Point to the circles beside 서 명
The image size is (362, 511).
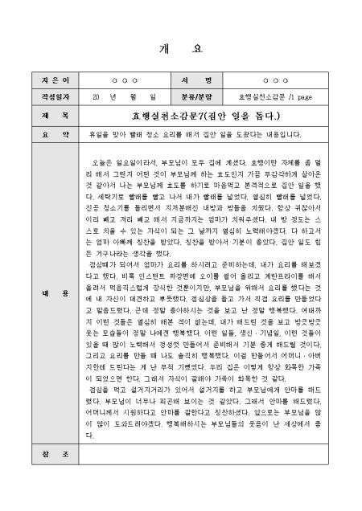(276, 82)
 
